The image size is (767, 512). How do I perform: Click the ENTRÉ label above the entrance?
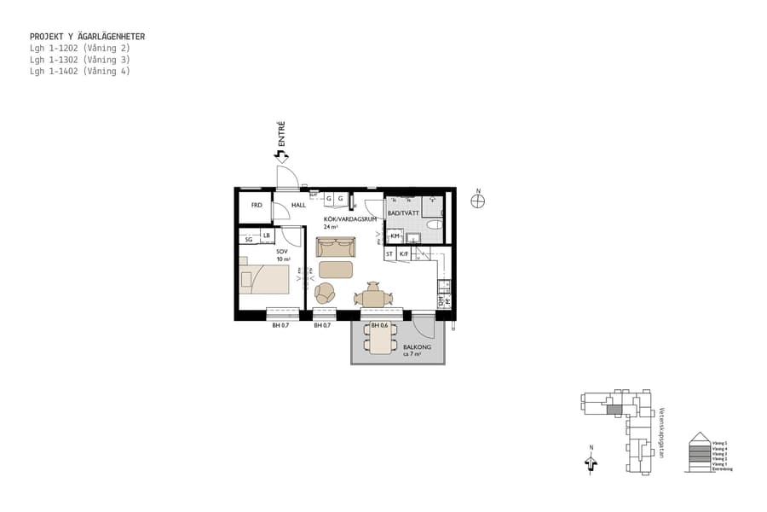[x=281, y=136]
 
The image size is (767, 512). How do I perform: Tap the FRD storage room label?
[x=256, y=206]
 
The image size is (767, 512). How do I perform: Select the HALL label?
[x=298, y=206]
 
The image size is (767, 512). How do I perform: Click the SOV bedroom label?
[x=282, y=253]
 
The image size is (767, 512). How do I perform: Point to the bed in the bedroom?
[x=269, y=279]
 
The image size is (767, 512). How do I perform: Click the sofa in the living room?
[x=337, y=247]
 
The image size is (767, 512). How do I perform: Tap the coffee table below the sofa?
[x=336, y=271]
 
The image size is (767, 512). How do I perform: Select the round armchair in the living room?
[x=326, y=294]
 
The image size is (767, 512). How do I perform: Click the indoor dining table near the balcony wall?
[x=372, y=298]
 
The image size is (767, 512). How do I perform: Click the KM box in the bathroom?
[x=395, y=236]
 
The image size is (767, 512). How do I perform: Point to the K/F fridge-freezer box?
[x=405, y=254]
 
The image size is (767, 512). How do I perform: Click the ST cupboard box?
[x=389, y=254]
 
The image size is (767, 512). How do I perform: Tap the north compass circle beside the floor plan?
[x=478, y=201]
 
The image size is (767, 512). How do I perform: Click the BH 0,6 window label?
[x=380, y=325]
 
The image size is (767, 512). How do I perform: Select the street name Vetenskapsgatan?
[x=661, y=432]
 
